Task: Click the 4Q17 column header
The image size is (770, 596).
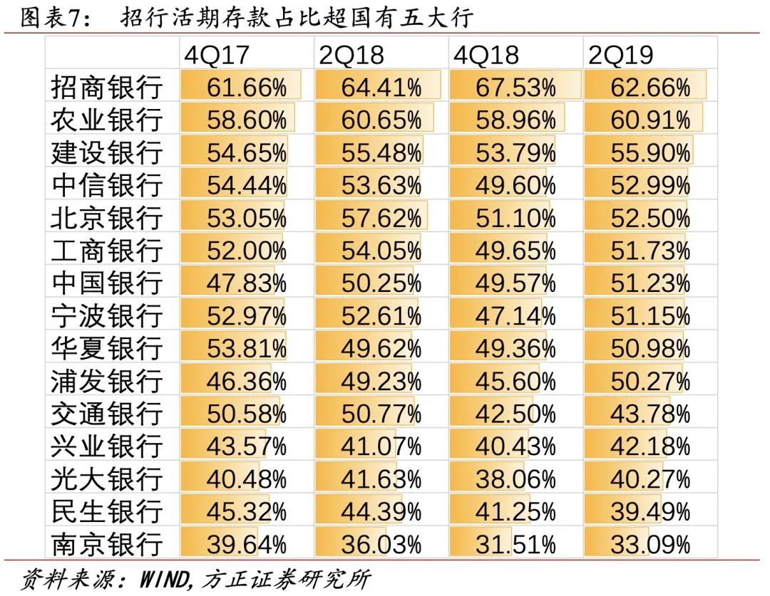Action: coord(215,55)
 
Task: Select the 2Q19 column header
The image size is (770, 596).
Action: coord(620,55)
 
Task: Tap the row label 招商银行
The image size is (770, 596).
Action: coord(106,88)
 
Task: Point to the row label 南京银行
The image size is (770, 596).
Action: coord(106,545)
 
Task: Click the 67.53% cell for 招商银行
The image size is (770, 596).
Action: coord(515,88)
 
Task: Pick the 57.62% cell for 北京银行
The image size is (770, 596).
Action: coord(381,218)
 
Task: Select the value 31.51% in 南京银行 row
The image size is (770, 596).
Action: coord(515,545)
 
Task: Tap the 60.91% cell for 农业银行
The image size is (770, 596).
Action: coord(650,120)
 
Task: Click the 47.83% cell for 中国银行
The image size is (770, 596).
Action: coord(247,283)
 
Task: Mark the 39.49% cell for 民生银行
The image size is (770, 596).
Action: coord(650,512)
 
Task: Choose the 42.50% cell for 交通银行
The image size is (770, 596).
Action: coord(515,414)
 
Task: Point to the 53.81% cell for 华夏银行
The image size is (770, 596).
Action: coord(247,349)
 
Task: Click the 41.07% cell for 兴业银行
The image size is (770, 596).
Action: coord(381,446)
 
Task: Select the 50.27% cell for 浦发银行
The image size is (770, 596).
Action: coord(650,381)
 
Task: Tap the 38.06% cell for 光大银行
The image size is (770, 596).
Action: coord(515,479)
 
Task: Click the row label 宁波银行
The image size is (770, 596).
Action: coord(106,316)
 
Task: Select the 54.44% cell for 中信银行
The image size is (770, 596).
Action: coord(247,185)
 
